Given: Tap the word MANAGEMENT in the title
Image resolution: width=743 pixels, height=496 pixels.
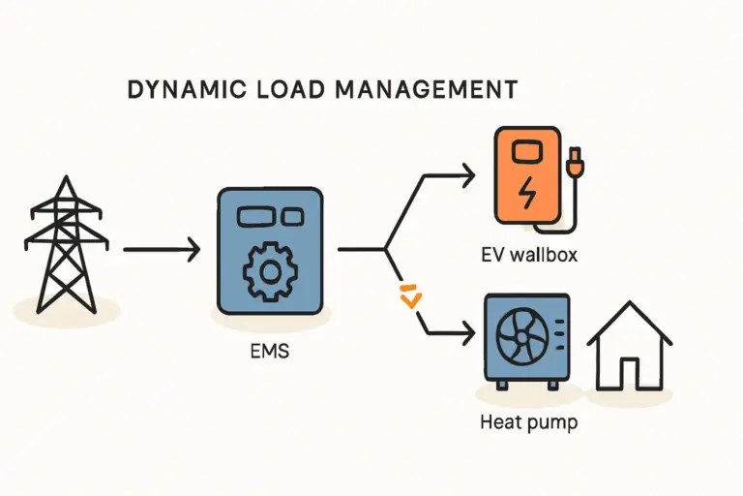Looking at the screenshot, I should coord(425,91).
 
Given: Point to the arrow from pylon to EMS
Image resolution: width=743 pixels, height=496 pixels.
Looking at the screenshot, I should coord(161,250).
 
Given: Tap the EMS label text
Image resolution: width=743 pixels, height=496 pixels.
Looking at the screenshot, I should coord(270,353).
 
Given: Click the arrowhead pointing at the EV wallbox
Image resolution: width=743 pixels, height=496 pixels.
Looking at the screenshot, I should coord(468,175).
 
